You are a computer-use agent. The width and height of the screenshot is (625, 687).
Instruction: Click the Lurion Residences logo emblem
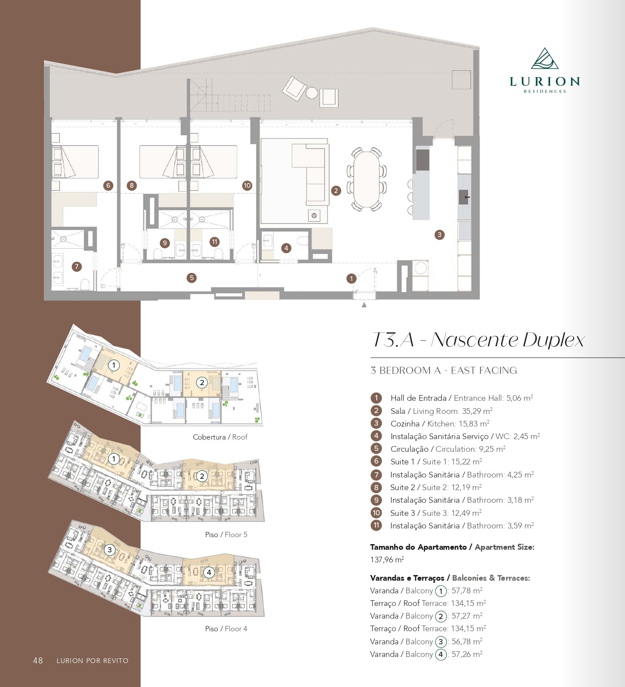pos(544,59)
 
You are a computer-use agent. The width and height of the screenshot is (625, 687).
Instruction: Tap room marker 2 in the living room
pos(335,190)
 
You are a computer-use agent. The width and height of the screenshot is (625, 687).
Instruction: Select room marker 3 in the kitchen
pos(439,235)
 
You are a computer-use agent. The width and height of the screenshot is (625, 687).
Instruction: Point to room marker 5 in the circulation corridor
pos(191,278)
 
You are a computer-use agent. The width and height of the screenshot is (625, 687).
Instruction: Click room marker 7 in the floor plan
pos(77,266)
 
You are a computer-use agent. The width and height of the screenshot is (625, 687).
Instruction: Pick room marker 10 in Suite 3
pos(247,185)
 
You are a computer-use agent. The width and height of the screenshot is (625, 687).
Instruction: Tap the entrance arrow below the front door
pos(364,305)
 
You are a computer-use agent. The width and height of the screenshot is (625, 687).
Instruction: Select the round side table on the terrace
pos(311,93)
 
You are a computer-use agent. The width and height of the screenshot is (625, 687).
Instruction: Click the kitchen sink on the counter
pos(464,197)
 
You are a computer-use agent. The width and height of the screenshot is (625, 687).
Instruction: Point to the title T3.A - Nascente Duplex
pos(478,340)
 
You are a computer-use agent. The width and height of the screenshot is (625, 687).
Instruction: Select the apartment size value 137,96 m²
pos(387,560)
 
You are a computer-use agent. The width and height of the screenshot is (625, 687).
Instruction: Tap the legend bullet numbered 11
pos(376,525)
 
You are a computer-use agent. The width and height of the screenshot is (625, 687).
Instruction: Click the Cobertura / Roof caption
pos(220,437)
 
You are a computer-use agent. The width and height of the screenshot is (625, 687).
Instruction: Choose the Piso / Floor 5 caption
pos(226,535)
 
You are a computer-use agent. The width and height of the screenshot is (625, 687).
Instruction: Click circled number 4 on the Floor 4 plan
pos(209,572)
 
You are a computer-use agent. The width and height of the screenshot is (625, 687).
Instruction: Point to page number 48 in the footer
pos(38,660)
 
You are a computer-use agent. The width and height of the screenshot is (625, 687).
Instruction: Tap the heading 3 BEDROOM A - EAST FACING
pos(443,371)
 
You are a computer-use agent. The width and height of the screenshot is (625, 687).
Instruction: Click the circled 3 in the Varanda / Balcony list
pos(441,642)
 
